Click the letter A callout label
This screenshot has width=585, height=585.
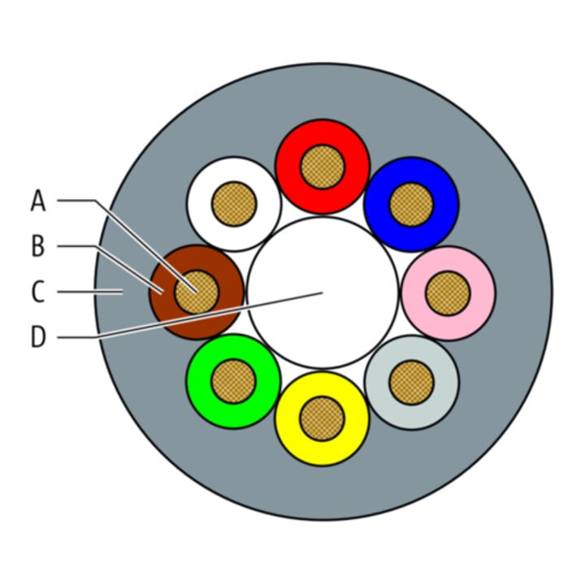38,201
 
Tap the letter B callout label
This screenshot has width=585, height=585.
38,246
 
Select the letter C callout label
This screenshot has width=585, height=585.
38,292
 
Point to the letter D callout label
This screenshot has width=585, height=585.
38,337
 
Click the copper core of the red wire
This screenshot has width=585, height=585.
323,167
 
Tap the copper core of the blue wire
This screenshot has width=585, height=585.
411,205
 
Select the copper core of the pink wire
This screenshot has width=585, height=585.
448,293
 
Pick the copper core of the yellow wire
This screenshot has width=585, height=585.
322,418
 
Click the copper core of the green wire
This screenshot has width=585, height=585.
233,381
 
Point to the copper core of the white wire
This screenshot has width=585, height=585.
234,204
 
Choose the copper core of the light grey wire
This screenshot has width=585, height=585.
411,383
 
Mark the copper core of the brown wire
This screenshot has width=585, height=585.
197,292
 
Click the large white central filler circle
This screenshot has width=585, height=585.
323,261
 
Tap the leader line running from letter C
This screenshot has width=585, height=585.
90,292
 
